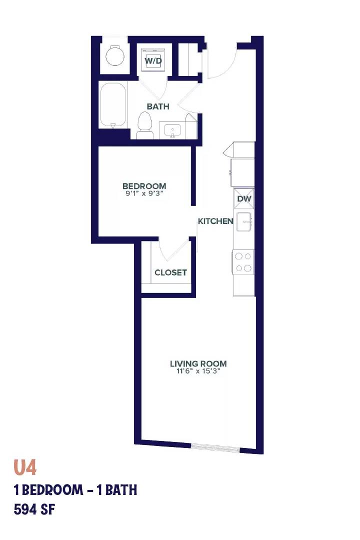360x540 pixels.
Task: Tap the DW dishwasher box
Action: pos(244,198)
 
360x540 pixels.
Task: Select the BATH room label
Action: pos(158,106)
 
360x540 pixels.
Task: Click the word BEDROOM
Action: pos(144,186)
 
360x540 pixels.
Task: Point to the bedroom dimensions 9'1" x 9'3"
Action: pos(144,193)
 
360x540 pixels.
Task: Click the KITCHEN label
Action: pos(215,221)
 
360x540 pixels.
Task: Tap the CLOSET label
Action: pos(170,272)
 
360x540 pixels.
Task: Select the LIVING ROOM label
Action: pos(198,363)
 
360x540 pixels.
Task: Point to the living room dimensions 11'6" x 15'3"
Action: pos(198,371)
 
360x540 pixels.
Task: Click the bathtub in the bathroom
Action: pos(113,105)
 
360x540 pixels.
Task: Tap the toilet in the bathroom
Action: pos(145,125)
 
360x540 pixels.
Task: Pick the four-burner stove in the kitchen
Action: pos(243,262)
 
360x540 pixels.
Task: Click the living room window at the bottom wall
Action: pos(215,447)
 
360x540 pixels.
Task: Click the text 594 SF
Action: pos(34,509)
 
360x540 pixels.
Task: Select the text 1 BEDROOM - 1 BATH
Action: pos(75,489)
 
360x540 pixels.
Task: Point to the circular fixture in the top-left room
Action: pos(114,56)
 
